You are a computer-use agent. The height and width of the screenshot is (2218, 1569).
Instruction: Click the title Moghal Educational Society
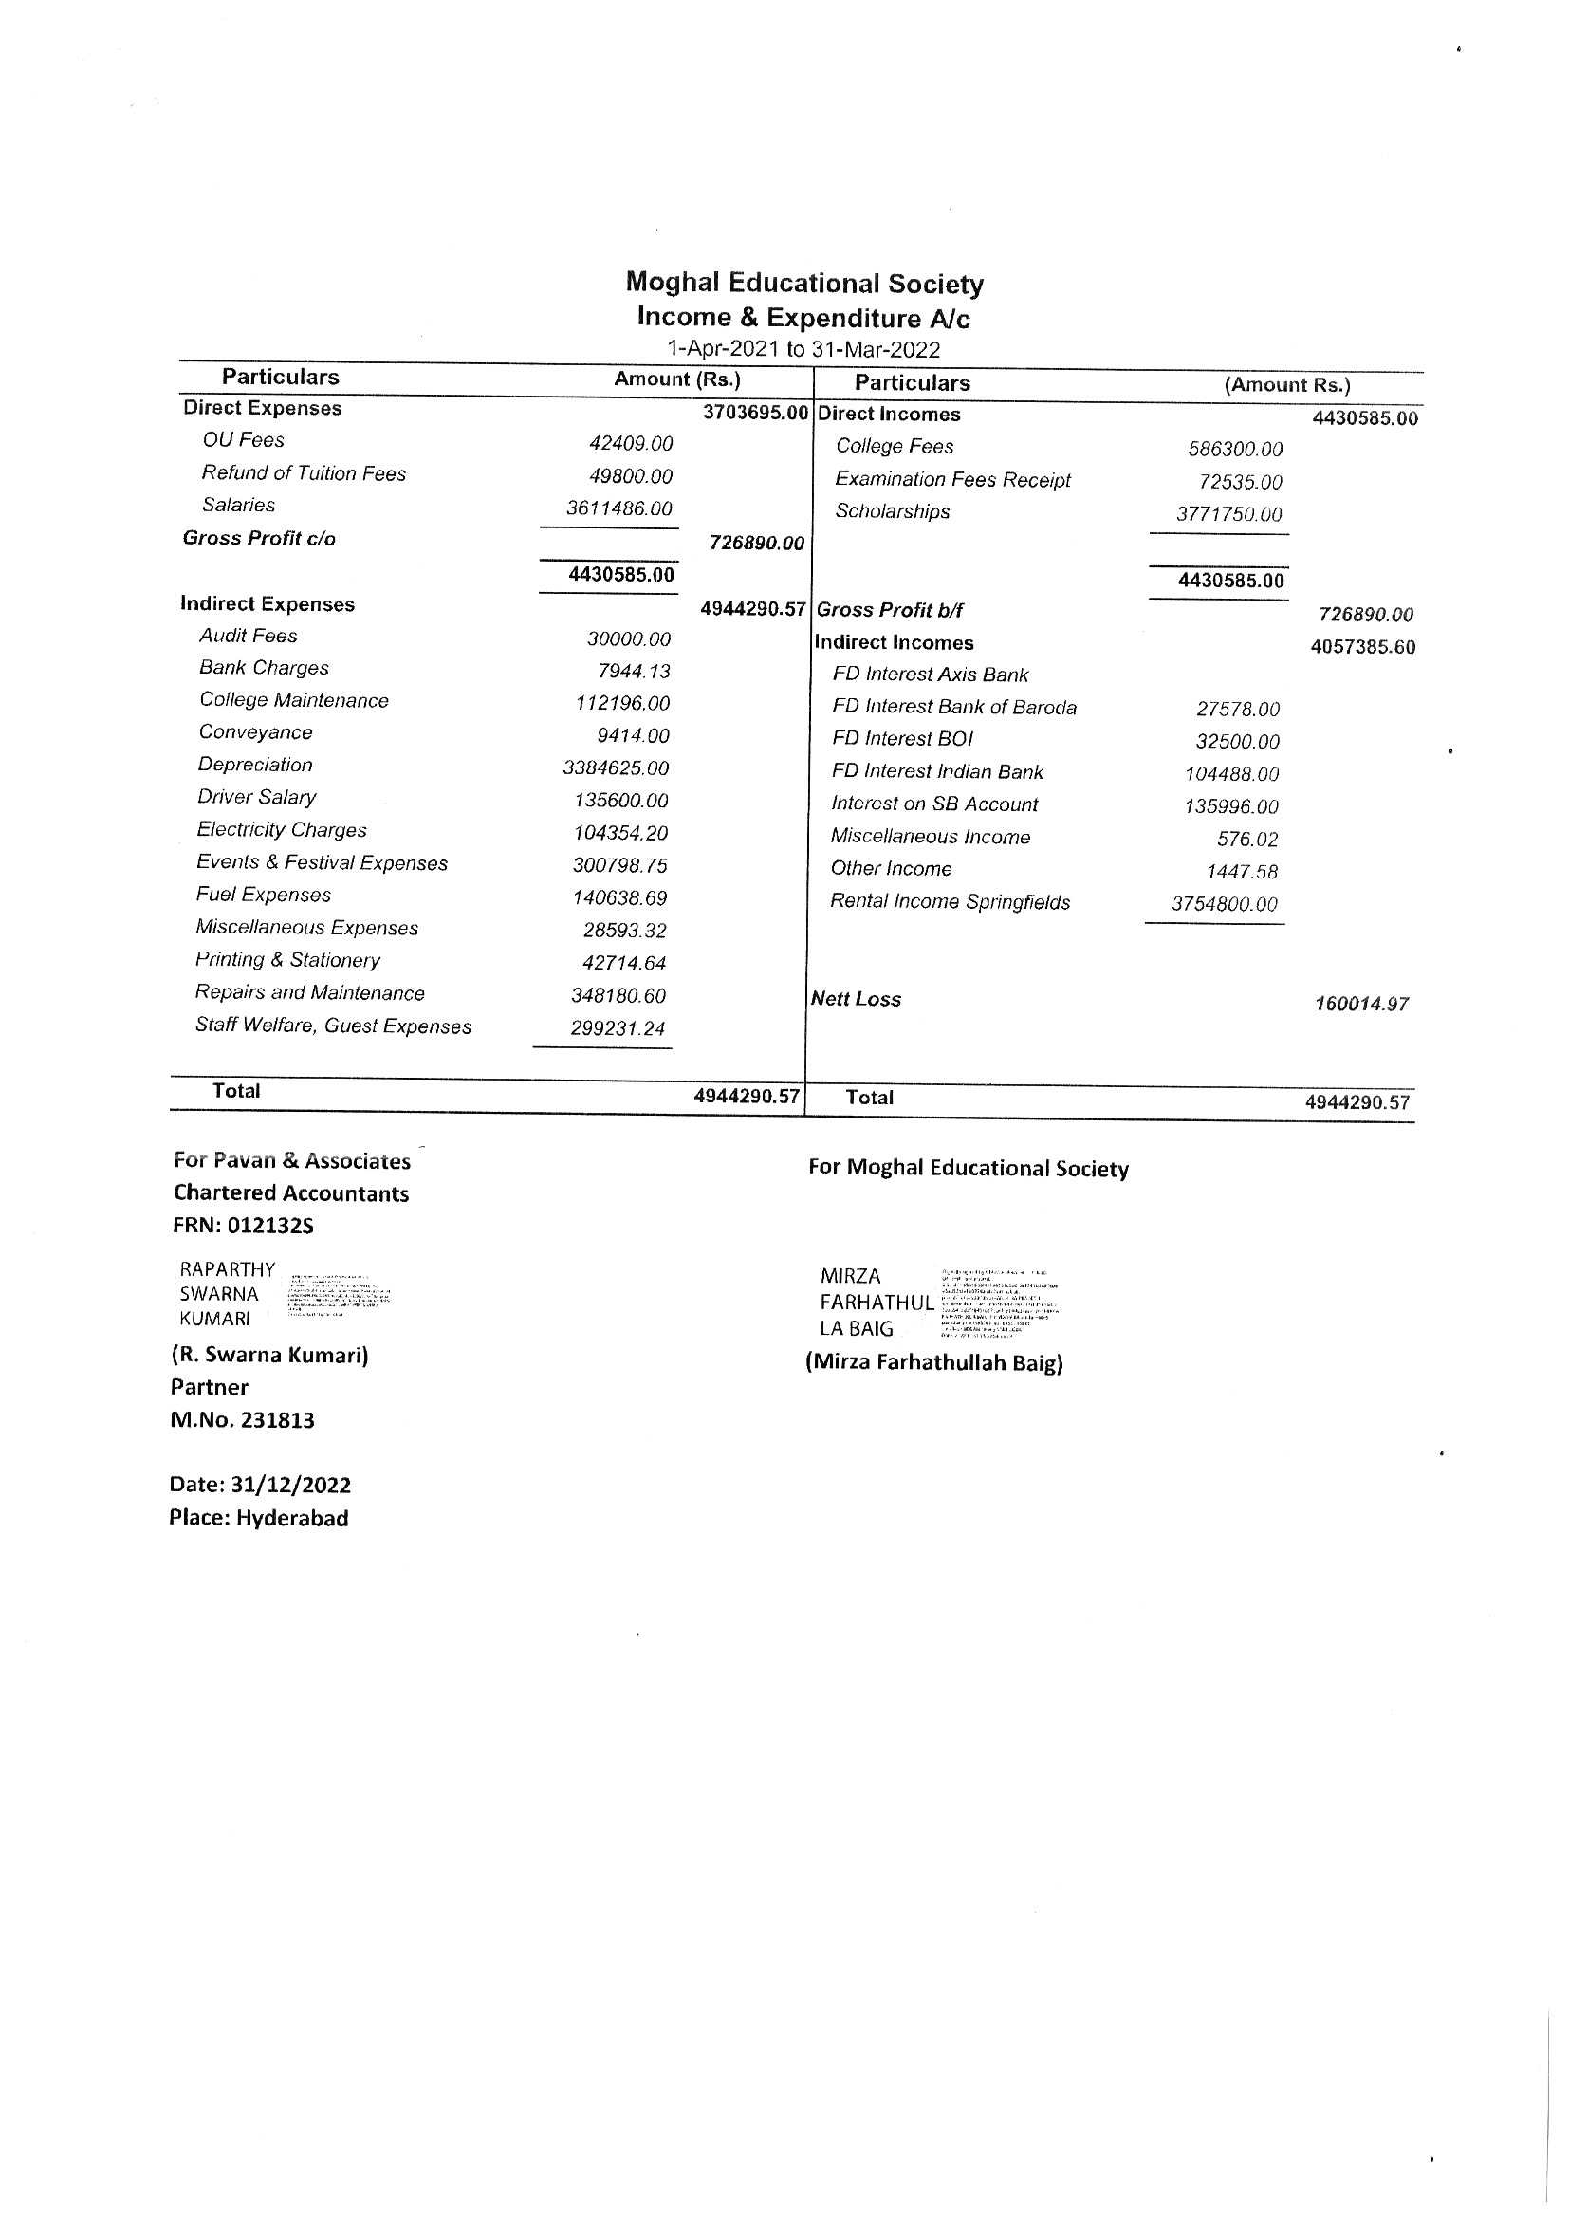click(803, 283)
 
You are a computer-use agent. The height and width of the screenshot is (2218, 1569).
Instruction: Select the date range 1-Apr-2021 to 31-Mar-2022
click(803, 349)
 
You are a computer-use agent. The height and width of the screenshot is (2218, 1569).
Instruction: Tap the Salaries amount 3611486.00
click(618, 508)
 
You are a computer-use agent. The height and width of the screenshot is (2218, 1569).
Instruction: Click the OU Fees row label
click(244, 440)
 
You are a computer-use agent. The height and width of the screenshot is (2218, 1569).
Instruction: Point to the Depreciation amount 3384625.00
click(616, 768)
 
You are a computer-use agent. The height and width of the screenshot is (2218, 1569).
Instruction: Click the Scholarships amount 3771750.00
click(1228, 514)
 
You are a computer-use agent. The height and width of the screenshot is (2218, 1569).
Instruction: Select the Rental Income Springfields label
click(950, 901)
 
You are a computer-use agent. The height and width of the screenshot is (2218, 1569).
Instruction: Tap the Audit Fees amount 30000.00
click(628, 638)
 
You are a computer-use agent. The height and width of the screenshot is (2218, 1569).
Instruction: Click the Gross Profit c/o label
click(259, 538)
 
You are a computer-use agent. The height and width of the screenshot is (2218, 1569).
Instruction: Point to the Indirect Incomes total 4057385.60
click(1362, 646)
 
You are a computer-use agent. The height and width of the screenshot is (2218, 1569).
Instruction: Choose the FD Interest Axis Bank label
click(930, 675)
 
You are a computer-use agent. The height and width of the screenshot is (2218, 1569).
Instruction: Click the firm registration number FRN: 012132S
click(244, 1226)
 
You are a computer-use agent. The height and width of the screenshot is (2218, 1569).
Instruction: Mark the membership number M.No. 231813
click(243, 1420)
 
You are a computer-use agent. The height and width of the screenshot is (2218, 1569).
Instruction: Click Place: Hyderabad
click(258, 1518)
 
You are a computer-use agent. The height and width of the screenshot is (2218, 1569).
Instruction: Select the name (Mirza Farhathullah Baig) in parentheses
click(934, 1362)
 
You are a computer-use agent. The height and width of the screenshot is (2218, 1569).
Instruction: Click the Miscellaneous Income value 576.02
click(1246, 839)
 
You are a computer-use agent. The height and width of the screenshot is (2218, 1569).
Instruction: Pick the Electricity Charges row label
click(281, 830)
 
